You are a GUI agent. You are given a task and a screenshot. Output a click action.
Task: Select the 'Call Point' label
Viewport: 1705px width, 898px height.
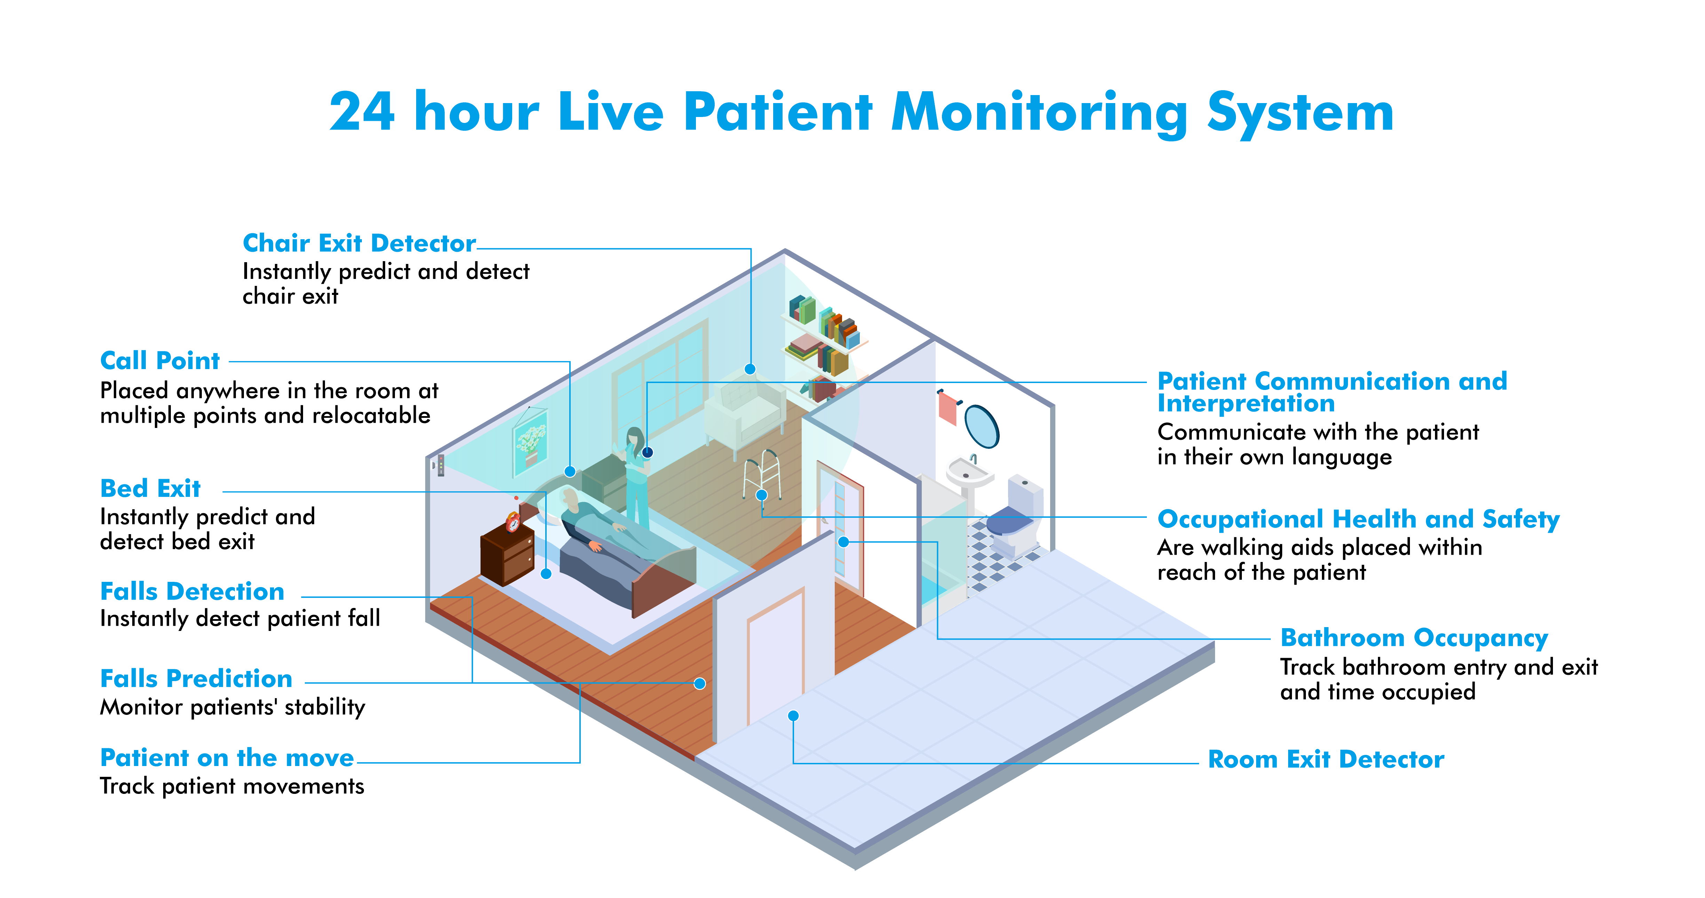tap(159, 361)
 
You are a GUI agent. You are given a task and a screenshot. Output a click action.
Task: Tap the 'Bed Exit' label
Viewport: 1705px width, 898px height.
tap(150, 489)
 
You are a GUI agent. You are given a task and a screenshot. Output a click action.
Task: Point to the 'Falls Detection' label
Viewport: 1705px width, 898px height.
tap(192, 591)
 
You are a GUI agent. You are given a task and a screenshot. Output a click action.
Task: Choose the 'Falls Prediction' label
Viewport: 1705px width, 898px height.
tap(196, 679)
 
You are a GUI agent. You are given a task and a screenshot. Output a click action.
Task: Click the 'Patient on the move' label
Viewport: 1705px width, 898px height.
tap(227, 758)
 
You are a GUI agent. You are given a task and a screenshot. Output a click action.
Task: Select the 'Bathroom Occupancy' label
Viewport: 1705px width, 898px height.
tap(1414, 638)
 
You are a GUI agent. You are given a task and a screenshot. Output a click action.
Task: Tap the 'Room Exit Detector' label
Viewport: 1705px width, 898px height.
tap(1326, 759)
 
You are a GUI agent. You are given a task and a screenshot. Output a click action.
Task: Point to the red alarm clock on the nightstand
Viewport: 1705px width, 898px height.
tap(513, 522)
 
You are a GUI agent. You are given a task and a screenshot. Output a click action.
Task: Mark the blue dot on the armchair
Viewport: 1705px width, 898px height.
tap(750, 369)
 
